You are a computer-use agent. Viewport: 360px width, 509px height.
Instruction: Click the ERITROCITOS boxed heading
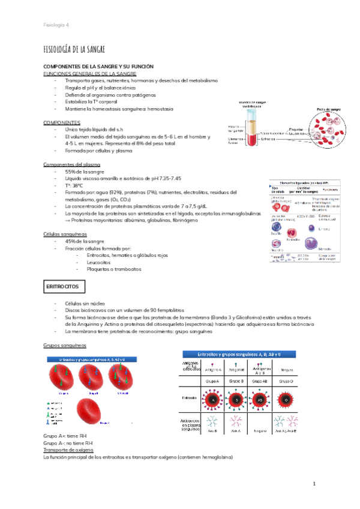62,288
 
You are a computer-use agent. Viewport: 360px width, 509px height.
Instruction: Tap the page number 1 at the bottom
313,484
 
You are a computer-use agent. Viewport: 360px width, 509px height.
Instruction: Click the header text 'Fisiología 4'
56,25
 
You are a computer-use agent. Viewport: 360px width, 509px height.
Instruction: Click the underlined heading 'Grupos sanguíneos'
65,346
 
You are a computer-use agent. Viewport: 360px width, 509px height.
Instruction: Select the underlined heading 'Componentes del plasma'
72,164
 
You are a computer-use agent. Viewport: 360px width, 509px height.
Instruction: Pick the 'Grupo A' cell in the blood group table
212,381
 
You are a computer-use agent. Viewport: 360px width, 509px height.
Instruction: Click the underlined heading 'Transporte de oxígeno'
73,450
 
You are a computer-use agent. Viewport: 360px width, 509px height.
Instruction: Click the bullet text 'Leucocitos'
100,262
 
